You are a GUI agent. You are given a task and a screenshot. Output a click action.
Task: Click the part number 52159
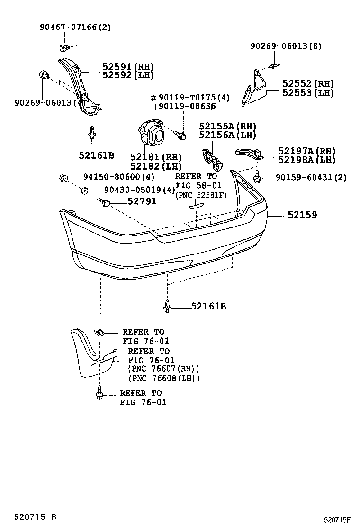click(302, 215)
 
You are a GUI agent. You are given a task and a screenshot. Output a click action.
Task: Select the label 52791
click(142, 201)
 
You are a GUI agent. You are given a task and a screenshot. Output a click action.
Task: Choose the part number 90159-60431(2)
click(311, 178)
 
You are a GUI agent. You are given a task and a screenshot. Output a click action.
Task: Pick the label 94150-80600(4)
click(119, 178)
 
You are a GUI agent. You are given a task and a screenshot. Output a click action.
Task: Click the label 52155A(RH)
click(227, 126)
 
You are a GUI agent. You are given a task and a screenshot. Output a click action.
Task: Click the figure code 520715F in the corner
click(337, 519)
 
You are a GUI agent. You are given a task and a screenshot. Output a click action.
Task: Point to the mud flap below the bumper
click(92, 354)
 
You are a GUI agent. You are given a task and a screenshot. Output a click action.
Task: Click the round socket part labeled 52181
click(152, 135)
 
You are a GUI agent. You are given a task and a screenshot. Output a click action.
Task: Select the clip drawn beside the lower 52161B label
click(167, 306)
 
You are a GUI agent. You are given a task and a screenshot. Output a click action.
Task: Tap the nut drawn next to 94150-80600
click(63, 178)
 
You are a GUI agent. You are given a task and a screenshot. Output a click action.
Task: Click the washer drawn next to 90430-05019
click(84, 191)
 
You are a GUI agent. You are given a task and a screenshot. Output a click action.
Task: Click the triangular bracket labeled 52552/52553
click(255, 88)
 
